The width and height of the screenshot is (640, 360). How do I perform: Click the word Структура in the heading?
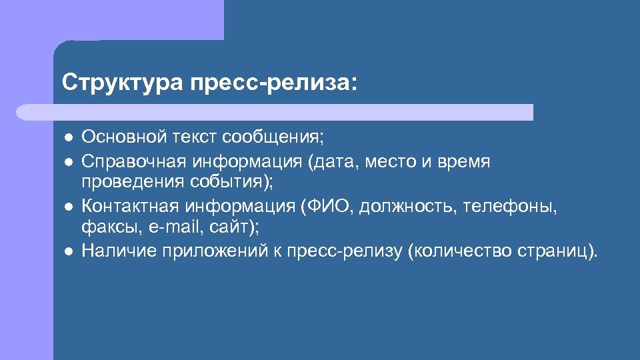pyautogui.click(x=121, y=83)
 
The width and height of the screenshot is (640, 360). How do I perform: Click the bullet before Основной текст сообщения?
pyautogui.click(x=68, y=138)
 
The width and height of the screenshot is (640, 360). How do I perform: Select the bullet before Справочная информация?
pyautogui.click(x=68, y=161)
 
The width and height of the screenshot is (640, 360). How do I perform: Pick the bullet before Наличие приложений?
pyautogui.click(x=68, y=251)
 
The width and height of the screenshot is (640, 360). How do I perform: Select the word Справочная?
pyautogui.click(x=133, y=161)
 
